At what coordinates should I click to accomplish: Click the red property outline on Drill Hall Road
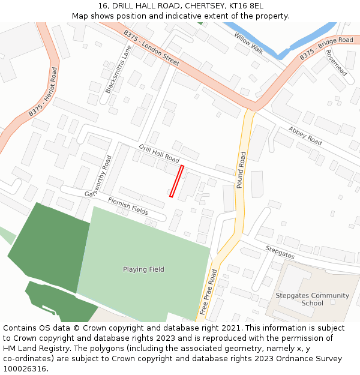pyautogui.click(x=176, y=181)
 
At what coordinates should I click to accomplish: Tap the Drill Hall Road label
pyautogui.click(x=159, y=153)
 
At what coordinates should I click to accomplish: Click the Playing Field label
pyautogui.click(x=143, y=269)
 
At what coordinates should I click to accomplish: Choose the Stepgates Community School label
pyautogui.click(x=312, y=299)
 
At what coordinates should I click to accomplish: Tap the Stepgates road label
pyautogui.click(x=280, y=251)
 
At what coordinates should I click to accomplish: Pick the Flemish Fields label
pyautogui.click(x=128, y=205)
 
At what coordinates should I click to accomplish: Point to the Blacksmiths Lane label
pyautogui.click(x=118, y=70)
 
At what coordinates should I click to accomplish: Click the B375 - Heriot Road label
pyautogui.click(x=43, y=92)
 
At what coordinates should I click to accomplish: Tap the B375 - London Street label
pyautogui.click(x=152, y=47)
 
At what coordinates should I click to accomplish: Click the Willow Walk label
pyautogui.click(x=249, y=44)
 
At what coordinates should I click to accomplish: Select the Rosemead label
pyautogui.click(x=336, y=62)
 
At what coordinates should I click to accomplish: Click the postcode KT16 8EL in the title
pyautogui.click(x=247, y=6)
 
